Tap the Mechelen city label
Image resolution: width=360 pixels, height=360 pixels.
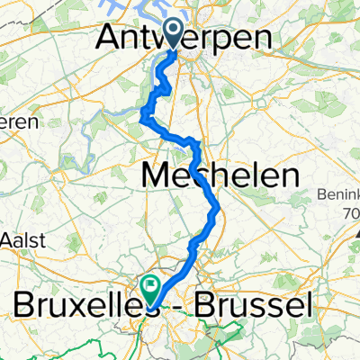220,175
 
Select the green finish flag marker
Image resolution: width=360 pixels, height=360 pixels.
149,289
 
